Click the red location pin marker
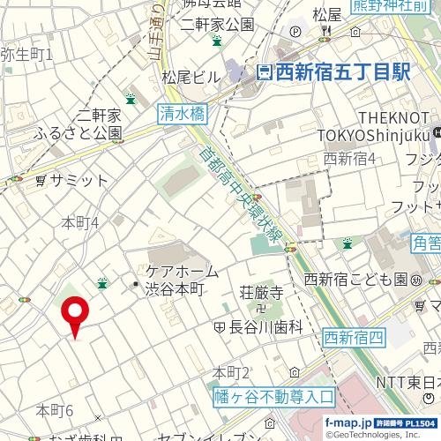pyautogui.click(x=75, y=315)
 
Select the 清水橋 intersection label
pyautogui.click(x=182, y=113)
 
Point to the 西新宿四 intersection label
pyautogui.click(x=354, y=336)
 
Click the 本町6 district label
pyautogui.click(x=55, y=410)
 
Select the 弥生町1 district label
pyautogui.click(x=26, y=55)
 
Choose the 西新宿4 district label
pyautogui.click(x=350, y=159)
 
